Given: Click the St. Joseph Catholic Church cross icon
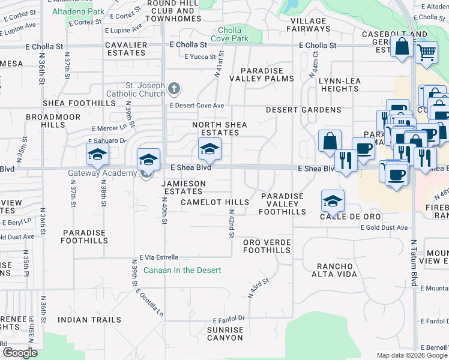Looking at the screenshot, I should tap(174, 89).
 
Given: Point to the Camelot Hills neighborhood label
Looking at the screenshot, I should tap(215, 202).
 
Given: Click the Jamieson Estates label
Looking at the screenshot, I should tap(180, 187).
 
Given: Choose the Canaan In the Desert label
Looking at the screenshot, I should tap(178, 270).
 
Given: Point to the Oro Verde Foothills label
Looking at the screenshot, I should tap(267, 246).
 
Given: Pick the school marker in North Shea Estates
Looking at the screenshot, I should tap(209, 149).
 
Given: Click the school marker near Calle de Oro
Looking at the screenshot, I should tap(333, 202).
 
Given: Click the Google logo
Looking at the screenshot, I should tap(20, 353).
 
